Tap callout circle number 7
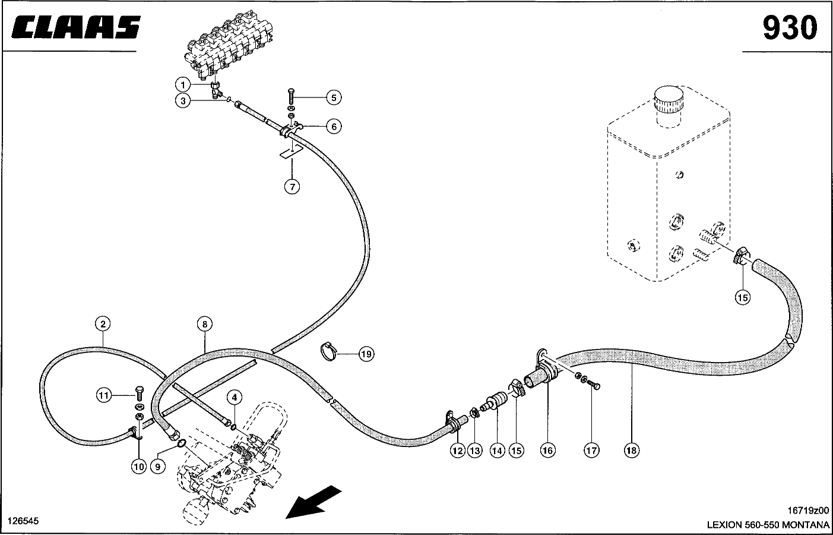[291, 187]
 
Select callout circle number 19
[366, 354]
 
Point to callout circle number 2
[103, 324]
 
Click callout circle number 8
[204, 324]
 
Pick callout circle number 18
[631, 451]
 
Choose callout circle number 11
[104, 394]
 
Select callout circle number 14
[498, 451]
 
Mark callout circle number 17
[591, 451]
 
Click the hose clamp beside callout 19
[331, 351]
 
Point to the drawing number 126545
[23, 521]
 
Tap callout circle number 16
[547, 451]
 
